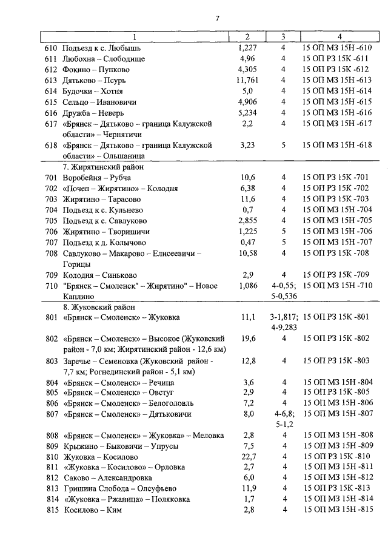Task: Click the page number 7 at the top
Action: pos(218,17)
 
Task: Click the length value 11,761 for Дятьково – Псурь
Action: pos(247,80)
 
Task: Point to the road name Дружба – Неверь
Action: pos(95,113)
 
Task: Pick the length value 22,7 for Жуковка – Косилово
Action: pos(247,457)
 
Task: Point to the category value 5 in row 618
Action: pos(283,146)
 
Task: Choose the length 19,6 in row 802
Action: pos(247,338)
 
